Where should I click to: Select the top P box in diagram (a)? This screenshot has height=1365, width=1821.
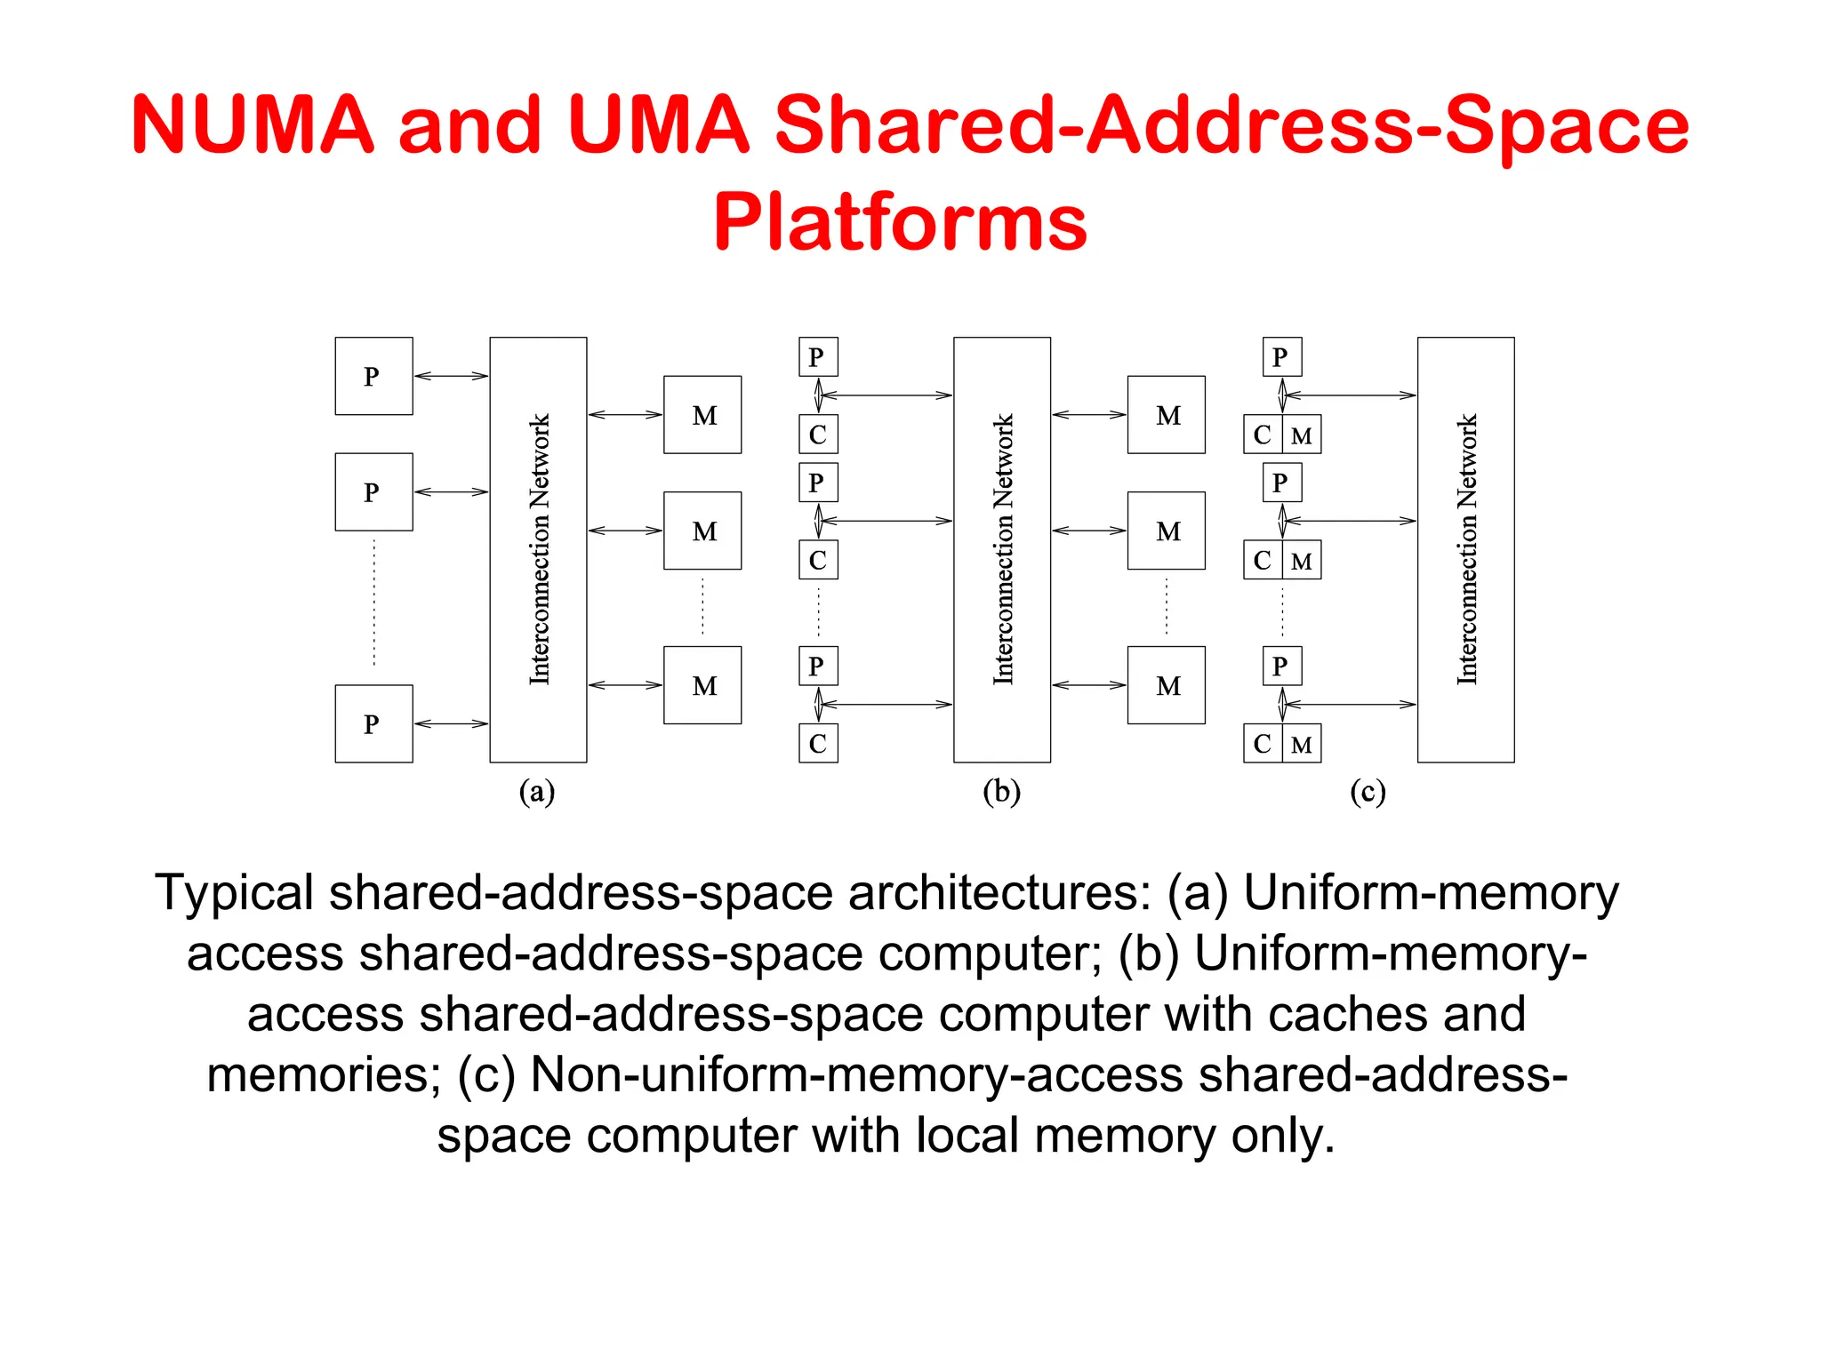click(x=373, y=376)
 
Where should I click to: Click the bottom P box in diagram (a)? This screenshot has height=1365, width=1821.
click(x=373, y=723)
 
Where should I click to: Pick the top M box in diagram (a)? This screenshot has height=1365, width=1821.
click(x=702, y=415)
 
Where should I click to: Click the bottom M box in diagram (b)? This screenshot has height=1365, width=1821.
click(x=1166, y=685)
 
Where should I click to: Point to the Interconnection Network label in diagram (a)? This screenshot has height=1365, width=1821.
click(x=540, y=549)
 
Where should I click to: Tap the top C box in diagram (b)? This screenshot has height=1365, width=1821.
click(x=818, y=435)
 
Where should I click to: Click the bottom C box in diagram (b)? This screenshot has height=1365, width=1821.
click(x=818, y=744)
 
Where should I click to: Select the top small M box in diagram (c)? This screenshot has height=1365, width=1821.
click(x=1302, y=435)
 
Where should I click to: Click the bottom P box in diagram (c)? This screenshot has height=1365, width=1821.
click(x=1281, y=666)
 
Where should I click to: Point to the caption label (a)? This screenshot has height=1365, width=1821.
click(x=537, y=791)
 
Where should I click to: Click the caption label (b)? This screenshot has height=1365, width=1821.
click(x=1001, y=791)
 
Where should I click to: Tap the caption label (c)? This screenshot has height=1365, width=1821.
click(x=1368, y=791)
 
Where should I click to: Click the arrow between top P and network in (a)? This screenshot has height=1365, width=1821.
click(x=451, y=376)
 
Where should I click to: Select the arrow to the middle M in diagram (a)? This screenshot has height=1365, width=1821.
click(x=625, y=531)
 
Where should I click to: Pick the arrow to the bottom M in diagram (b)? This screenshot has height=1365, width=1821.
click(x=1089, y=685)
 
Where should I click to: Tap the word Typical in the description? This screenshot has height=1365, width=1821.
click(x=234, y=893)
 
